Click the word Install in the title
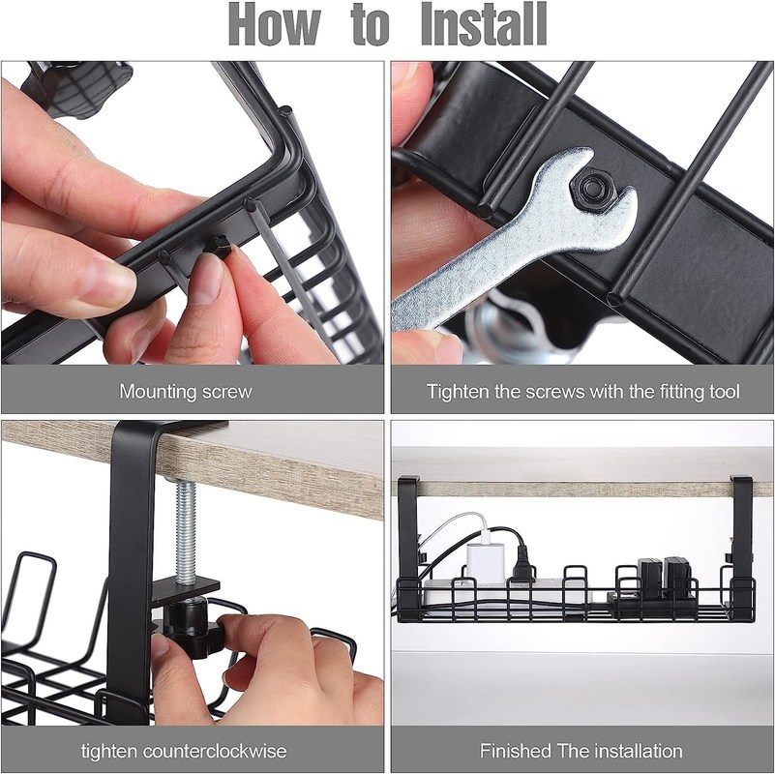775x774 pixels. pos(484,24)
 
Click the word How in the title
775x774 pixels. pos(275,24)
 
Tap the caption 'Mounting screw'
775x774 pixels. pos(186,392)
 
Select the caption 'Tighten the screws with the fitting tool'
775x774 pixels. pos(582,392)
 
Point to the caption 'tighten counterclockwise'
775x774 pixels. pos(184,751)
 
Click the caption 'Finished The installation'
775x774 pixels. pos(581,751)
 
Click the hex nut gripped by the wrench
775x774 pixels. pos(590,189)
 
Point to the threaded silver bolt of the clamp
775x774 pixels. pos(186,528)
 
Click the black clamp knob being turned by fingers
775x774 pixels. pos(192,628)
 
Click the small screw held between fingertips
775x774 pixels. pos(220,246)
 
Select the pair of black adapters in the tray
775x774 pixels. pos(663,580)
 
